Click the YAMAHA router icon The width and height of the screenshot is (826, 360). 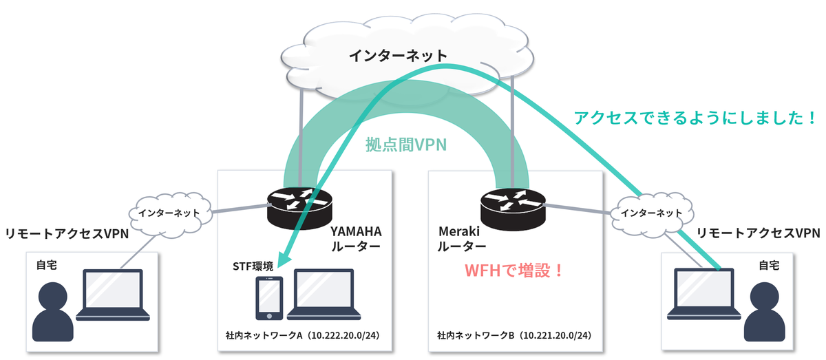point(300,206)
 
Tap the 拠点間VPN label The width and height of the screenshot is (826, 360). point(406,145)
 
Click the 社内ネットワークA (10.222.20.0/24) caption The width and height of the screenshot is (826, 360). point(304,337)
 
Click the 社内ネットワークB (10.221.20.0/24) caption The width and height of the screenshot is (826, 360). point(513,337)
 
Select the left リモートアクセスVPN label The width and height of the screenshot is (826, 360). point(67,234)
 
